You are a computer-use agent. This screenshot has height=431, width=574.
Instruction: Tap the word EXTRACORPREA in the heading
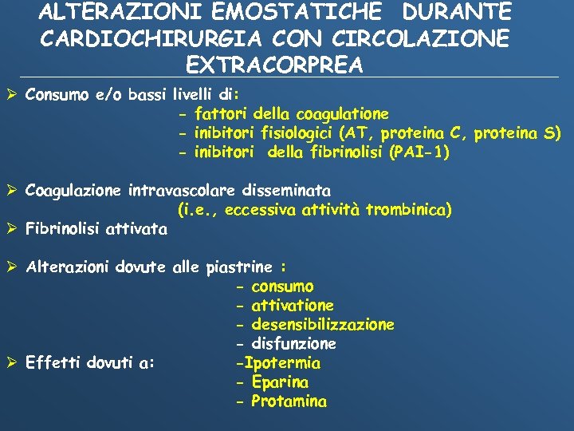pos(274,64)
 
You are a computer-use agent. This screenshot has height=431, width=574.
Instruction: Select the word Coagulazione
pos(73,191)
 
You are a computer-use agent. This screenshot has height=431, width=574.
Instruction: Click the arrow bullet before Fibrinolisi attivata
pos(12,230)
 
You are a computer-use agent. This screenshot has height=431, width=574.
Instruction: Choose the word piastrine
pos(239,267)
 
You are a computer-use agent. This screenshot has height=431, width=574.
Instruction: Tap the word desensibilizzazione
pos(322,325)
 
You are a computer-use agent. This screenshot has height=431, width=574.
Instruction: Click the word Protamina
pos(289,401)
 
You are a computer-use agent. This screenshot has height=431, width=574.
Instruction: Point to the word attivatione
pos(292,306)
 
